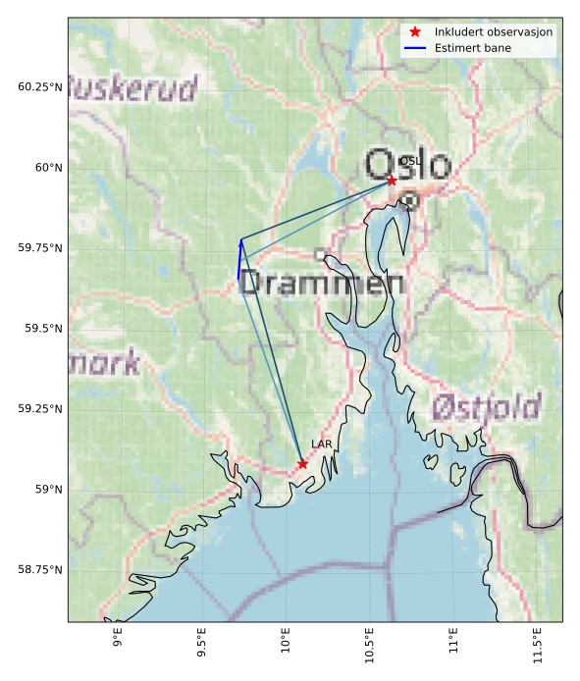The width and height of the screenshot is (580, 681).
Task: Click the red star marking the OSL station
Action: click(392, 181)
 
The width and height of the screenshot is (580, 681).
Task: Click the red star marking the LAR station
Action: click(302, 464)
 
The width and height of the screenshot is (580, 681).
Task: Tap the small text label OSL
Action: click(409, 161)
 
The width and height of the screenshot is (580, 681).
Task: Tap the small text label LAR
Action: click(321, 445)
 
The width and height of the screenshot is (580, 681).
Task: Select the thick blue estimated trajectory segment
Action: click(239, 258)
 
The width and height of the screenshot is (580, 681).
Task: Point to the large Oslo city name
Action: click(407, 165)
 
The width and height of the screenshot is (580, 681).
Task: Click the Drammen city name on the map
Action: click(321, 284)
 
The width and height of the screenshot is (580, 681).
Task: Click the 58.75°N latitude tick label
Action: click(36, 570)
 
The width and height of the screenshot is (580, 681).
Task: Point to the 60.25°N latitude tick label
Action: click(36, 87)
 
